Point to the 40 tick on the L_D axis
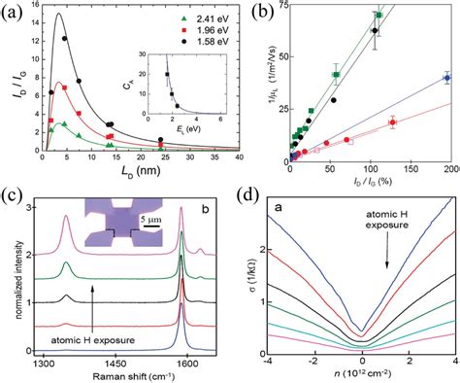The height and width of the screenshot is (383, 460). click(x=241, y=166)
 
